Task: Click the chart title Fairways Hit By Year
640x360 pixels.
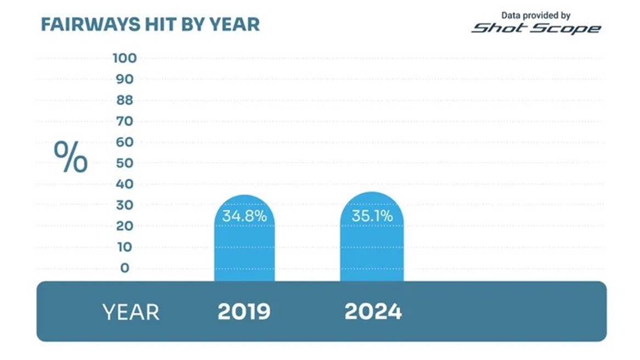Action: tap(150, 25)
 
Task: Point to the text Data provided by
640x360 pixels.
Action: tap(536, 16)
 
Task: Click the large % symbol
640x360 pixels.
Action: tap(70, 157)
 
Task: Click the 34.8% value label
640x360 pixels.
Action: tap(244, 216)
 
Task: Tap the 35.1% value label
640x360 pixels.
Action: tap(372, 216)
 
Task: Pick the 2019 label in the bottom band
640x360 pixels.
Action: tap(244, 312)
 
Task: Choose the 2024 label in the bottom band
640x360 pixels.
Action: tap(373, 312)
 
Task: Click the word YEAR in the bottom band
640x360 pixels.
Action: tap(131, 312)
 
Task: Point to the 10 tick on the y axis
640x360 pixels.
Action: tap(124, 247)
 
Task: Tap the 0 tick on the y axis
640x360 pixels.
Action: tap(125, 268)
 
